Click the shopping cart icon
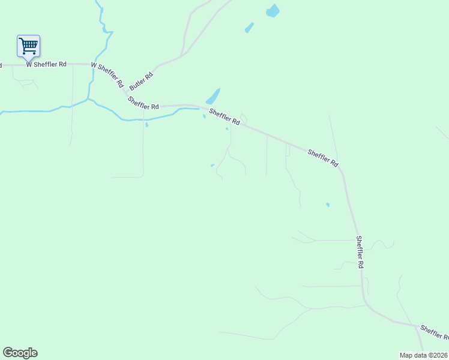click(x=28, y=46)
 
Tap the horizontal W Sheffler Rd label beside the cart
click(x=46, y=64)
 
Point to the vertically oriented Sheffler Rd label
click(x=360, y=251)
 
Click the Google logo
click(x=20, y=353)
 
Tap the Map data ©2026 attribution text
click(x=423, y=355)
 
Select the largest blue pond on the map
click(x=273, y=11)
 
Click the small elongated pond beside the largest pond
click(x=249, y=28)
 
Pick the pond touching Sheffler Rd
click(x=213, y=96)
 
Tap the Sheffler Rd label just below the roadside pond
click(x=224, y=116)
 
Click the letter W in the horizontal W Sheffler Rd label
click(x=28, y=64)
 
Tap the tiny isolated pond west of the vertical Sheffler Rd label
click(x=327, y=205)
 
